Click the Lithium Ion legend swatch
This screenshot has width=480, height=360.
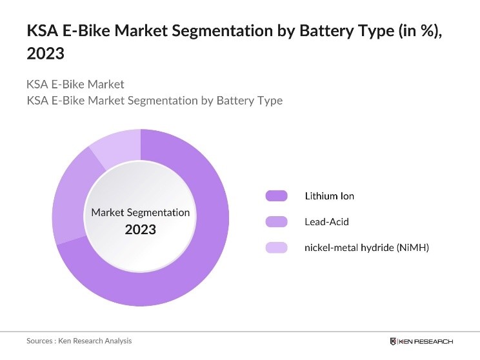[x=276, y=196]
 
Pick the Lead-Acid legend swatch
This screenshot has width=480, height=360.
[x=276, y=222]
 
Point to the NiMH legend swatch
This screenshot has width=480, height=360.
[x=276, y=248]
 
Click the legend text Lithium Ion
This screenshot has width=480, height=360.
[x=329, y=196]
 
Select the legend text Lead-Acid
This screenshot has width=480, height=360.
[x=326, y=222]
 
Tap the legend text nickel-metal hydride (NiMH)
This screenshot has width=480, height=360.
[x=366, y=248]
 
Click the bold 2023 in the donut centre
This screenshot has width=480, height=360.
[x=141, y=229]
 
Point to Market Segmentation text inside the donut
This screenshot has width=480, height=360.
[x=141, y=212]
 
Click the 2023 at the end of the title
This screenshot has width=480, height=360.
[x=45, y=54]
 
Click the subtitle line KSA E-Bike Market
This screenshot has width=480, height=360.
[x=75, y=85]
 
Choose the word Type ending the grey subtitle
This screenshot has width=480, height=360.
[x=270, y=101]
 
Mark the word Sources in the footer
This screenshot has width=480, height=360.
[x=40, y=341]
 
